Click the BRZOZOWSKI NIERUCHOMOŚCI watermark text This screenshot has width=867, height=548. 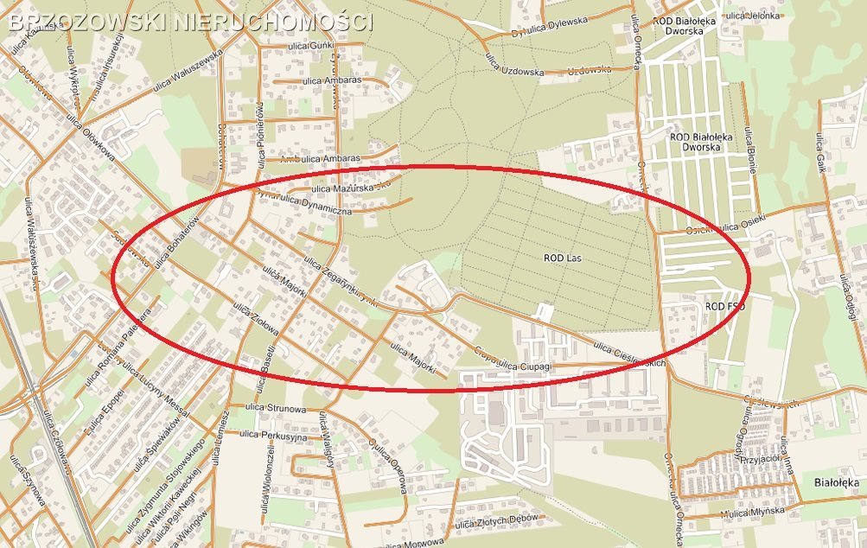click(x=190, y=22)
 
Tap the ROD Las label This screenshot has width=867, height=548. click(x=566, y=258)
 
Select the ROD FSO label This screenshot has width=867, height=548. click(x=724, y=307)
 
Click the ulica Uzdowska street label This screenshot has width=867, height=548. click(x=513, y=70)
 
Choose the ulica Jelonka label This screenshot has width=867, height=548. click(x=747, y=15)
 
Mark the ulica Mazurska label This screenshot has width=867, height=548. click(x=341, y=188)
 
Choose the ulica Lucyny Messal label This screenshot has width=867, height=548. click(x=155, y=391)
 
